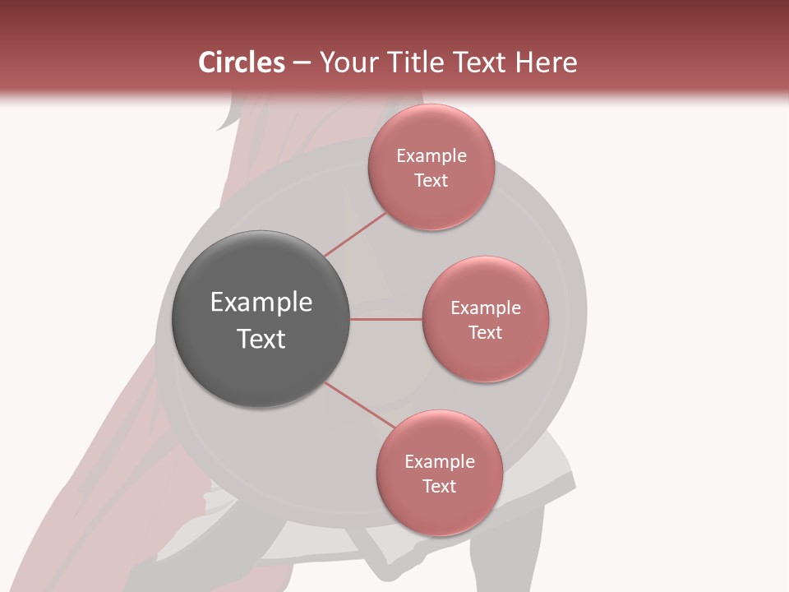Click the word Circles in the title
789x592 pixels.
pyautogui.click(x=241, y=62)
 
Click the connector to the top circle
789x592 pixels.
pyautogui.click(x=355, y=235)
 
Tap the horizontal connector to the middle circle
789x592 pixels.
pyautogui.click(x=386, y=319)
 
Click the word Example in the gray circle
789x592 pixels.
pyautogui.click(x=261, y=303)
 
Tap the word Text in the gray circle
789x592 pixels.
pyautogui.click(x=261, y=339)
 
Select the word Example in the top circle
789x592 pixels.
pyautogui.click(x=431, y=156)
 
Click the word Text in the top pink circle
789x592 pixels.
pyautogui.click(x=431, y=181)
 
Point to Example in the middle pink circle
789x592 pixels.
pyautogui.click(x=486, y=308)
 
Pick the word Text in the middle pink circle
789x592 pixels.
pyautogui.click(x=485, y=333)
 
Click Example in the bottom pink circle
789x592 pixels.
pyautogui.click(x=440, y=462)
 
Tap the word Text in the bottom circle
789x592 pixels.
pyautogui.click(x=439, y=487)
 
